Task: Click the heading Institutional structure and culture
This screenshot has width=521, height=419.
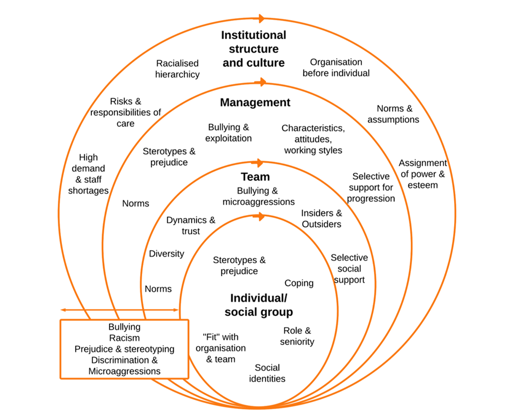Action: coord(253,49)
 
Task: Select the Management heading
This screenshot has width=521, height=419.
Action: coord(255,103)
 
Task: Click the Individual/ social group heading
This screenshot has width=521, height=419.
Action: coord(259,305)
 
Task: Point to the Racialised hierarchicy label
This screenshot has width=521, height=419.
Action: coord(177,69)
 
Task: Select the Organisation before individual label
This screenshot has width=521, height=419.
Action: coord(336,67)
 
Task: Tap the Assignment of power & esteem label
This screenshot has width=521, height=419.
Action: coord(422,174)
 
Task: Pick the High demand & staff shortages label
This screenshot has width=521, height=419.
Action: coord(89,174)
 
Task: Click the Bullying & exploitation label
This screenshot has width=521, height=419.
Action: coord(228,133)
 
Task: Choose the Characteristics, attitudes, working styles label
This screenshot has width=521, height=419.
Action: coord(313,139)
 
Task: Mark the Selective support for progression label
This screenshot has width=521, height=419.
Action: coord(371,187)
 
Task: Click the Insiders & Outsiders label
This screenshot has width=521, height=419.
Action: coord(321,218)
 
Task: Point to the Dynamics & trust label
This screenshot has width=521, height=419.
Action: coord(190,225)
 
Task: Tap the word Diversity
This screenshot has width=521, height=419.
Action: coord(166,254)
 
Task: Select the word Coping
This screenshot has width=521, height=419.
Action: coord(299,283)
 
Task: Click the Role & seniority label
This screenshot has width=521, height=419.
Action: coord(297,336)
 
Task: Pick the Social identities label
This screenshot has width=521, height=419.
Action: coord(267,373)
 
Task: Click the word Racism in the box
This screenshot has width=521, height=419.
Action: coord(124,338)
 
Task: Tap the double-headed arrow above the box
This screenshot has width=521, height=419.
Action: coord(120,310)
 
